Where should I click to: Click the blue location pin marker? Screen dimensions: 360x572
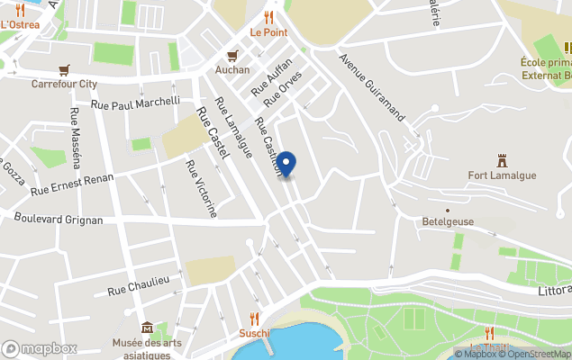pyautogui.click(x=286, y=164)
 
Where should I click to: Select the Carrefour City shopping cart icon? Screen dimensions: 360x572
pyautogui.click(x=64, y=69)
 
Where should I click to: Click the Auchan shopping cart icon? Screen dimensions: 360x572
pyautogui.click(x=232, y=55)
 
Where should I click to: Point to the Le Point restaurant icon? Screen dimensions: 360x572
pyautogui.click(x=268, y=17)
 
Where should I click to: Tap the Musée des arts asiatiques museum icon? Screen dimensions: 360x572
pyautogui.click(x=147, y=328)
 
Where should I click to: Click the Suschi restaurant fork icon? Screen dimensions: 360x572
pyautogui.click(x=254, y=318)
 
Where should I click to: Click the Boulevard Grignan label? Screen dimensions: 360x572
pyautogui.click(x=59, y=219)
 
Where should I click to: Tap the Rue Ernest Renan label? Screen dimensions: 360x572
pyautogui.click(x=72, y=184)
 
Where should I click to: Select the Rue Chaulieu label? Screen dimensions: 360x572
pyautogui.click(x=139, y=286)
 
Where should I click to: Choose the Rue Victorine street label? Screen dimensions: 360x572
pyautogui.click(x=200, y=189)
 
